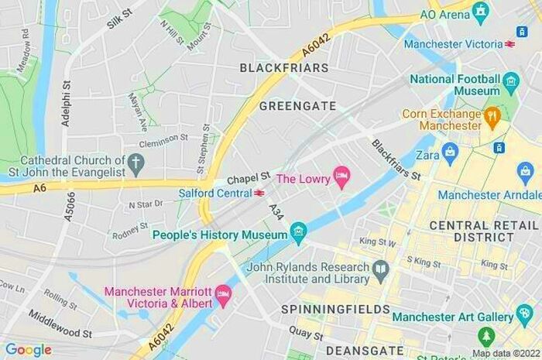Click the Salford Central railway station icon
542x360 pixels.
tap(259, 193)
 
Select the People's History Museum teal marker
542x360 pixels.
tap(298, 232)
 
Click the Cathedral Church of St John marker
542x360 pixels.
tap(136, 163)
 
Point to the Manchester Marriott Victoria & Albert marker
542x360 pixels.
tap(223, 294)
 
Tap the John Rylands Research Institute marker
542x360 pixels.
tap(380, 270)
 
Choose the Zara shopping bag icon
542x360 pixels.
tap(450, 151)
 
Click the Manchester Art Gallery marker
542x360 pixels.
tap(524, 316)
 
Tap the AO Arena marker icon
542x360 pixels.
tap(480, 13)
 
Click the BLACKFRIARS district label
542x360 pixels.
tap(284, 68)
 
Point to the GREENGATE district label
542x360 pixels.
tap(297, 106)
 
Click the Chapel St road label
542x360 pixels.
tap(248, 178)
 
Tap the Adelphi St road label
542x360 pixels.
tap(66, 104)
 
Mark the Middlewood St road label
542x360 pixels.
tap(60, 324)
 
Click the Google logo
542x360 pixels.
tap(29, 350)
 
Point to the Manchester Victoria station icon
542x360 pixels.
tap(510, 44)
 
